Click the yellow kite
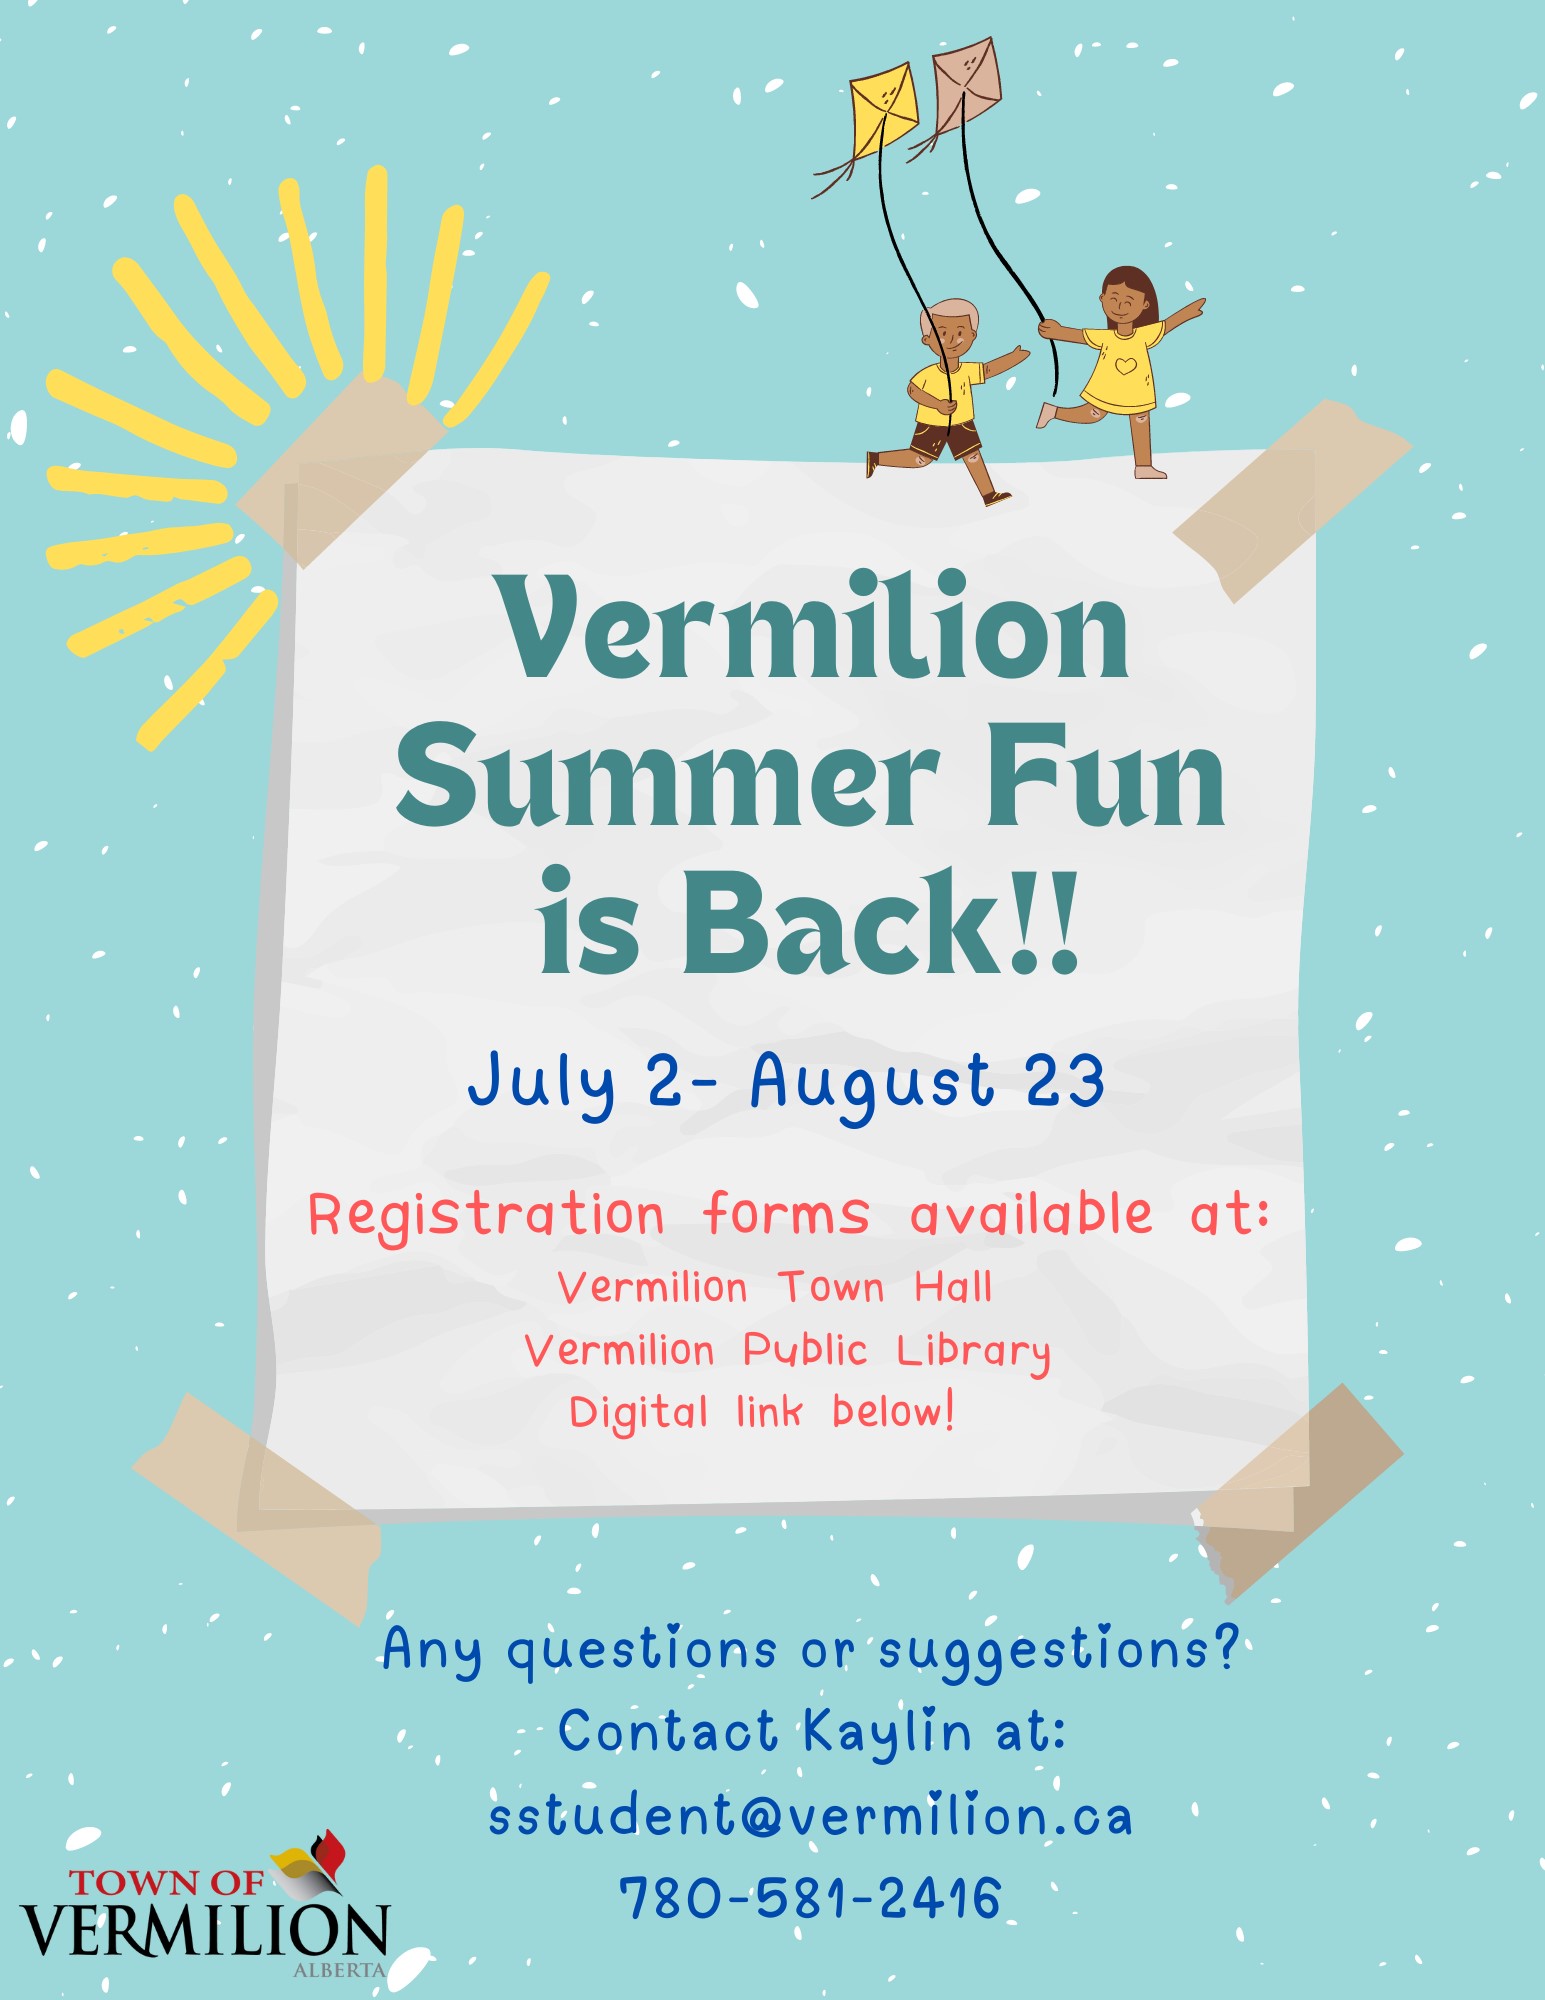(x=884, y=108)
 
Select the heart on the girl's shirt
(x=1125, y=365)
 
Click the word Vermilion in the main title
(x=814, y=627)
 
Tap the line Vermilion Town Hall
(x=775, y=1286)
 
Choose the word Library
(x=973, y=1352)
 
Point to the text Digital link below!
(x=762, y=1412)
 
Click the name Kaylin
(x=887, y=1732)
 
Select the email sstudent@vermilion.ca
(x=810, y=1815)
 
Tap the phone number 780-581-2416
(x=810, y=1898)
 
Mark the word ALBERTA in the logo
(x=339, y=1970)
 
